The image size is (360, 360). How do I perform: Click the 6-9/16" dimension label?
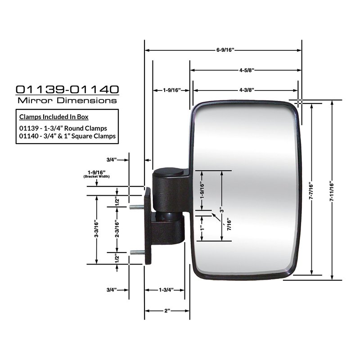tap(225, 50)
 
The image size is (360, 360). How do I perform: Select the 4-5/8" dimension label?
tap(247, 70)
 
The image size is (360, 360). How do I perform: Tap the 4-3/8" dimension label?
tap(247, 90)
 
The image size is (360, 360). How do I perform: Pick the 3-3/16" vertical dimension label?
tap(96, 229)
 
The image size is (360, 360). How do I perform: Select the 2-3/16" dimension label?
tap(117, 229)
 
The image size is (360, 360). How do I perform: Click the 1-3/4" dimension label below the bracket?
tap(166, 290)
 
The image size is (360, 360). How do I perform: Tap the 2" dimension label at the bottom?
tap(167, 310)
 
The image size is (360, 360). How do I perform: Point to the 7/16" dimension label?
tap(229, 225)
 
